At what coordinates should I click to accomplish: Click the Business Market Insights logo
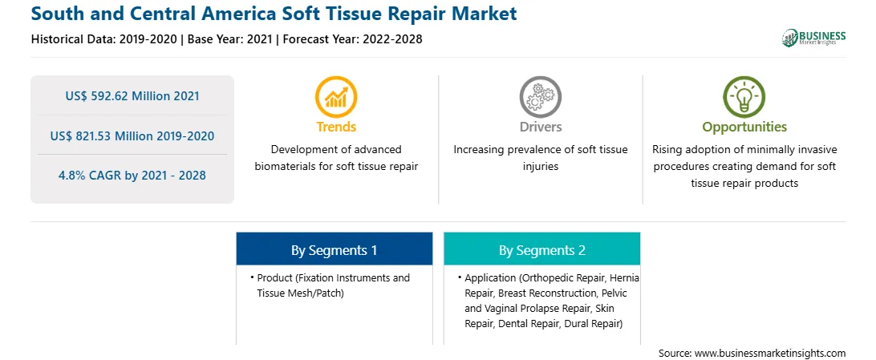coord(813,38)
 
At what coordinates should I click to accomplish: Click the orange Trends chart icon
coord(336,96)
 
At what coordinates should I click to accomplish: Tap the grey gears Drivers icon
coord(540,96)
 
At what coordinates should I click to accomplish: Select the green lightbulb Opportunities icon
coord(744,96)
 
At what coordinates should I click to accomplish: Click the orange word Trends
coord(336,127)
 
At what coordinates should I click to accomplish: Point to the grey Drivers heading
coord(540,127)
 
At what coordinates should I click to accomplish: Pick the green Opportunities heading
coord(744,127)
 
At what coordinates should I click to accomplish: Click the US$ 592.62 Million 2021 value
coord(132,96)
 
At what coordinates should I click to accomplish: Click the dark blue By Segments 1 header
coord(334,249)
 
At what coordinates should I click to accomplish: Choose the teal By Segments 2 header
coord(542,249)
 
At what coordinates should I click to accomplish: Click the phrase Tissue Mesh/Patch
coord(301,293)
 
